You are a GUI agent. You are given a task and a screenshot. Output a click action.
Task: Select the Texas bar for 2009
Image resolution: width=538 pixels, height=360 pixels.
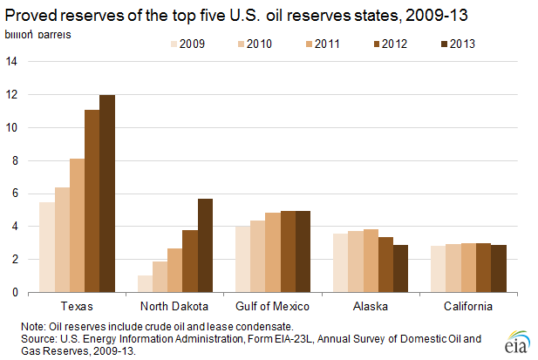coord(47,248)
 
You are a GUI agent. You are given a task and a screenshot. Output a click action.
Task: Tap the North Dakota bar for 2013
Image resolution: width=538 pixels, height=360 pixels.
coord(205,246)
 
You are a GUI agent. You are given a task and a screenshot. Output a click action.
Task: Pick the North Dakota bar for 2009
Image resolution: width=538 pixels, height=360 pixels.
coord(145,284)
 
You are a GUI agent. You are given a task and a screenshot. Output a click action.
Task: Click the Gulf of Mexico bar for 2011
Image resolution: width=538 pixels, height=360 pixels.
coord(272,253)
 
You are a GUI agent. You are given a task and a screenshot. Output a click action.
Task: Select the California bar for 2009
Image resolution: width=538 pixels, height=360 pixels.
coord(438,269)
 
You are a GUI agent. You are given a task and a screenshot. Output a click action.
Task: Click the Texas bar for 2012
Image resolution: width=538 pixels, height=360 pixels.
coord(92,201)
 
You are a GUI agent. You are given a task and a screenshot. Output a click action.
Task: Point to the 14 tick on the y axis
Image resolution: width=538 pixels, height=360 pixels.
coord(11,61)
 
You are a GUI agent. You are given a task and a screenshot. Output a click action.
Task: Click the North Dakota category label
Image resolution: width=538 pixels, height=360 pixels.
coord(174,307)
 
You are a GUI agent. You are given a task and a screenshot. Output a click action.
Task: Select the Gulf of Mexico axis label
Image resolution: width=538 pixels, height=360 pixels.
coord(272,307)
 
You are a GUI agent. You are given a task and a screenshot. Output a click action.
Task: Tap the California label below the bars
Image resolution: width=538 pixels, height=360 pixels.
coord(467,307)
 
